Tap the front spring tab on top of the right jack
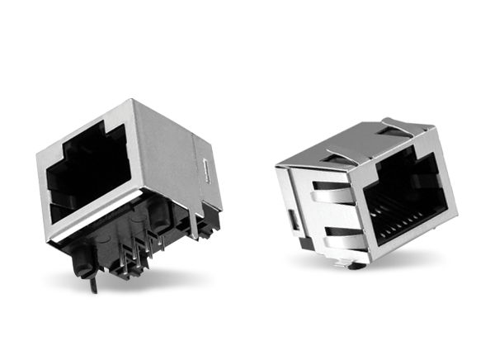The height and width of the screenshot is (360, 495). pos(338,154)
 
